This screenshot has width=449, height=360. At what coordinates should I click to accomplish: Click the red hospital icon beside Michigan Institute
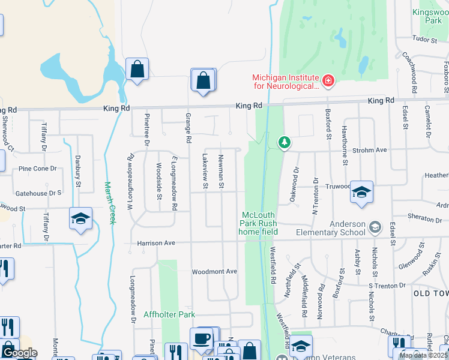click(328, 80)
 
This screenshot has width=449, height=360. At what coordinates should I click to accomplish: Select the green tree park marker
click(285, 142)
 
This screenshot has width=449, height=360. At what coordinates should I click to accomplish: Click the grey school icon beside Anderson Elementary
click(375, 227)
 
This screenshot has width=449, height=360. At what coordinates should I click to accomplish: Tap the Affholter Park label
click(169, 314)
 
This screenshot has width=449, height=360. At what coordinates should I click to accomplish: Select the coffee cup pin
click(202, 338)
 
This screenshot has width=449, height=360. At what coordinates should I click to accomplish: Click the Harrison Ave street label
click(156, 243)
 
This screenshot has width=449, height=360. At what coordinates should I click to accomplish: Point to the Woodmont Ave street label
click(214, 272)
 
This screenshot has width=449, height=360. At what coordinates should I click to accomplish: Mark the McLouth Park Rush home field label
click(258, 223)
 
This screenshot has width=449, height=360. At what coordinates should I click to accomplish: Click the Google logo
click(19, 353)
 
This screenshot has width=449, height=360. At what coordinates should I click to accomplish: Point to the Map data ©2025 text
click(423, 355)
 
